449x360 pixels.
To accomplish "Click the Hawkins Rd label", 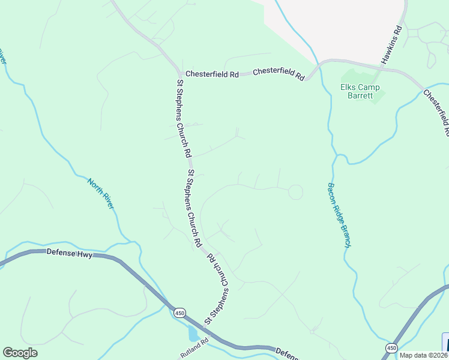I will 390,46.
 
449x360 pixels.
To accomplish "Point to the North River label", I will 101,193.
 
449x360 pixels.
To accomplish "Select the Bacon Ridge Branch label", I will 339,215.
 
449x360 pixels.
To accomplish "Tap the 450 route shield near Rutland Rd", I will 179,313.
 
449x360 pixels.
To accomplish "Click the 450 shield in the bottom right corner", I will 391,347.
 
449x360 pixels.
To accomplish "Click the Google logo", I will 20,353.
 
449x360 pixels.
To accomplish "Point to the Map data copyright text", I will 424,355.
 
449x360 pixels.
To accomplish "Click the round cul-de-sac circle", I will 295,192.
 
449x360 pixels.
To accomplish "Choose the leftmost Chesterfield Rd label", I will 212,74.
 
